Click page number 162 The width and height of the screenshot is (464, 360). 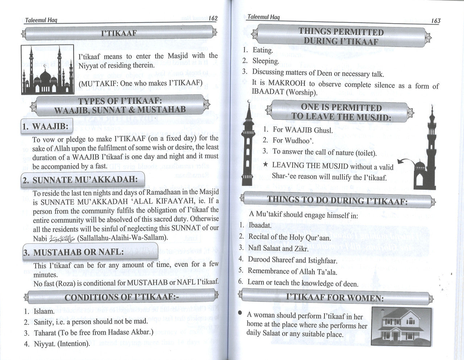(213, 18)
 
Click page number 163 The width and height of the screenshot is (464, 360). (436, 21)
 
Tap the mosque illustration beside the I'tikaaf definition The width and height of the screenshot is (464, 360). (47, 69)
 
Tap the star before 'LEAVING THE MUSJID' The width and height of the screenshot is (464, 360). (266, 165)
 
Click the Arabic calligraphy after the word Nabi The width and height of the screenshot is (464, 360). (60, 238)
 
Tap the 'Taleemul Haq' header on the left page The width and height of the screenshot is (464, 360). (41, 20)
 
